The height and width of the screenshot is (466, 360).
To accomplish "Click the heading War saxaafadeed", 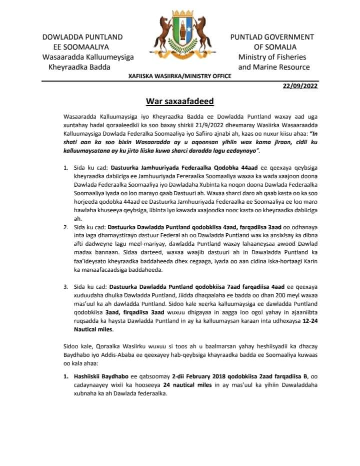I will [x=179, y=102].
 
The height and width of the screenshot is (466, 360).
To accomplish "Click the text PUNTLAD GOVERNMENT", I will [x=272, y=37].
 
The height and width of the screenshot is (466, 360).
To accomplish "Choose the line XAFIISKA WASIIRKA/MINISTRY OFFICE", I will [x=179, y=76].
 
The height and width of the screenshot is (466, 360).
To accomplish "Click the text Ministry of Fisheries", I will [x=272, y=57].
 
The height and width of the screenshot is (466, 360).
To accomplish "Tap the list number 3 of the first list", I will [x=65, y=287].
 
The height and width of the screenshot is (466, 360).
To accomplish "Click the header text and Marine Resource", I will [x=273, y=67].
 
